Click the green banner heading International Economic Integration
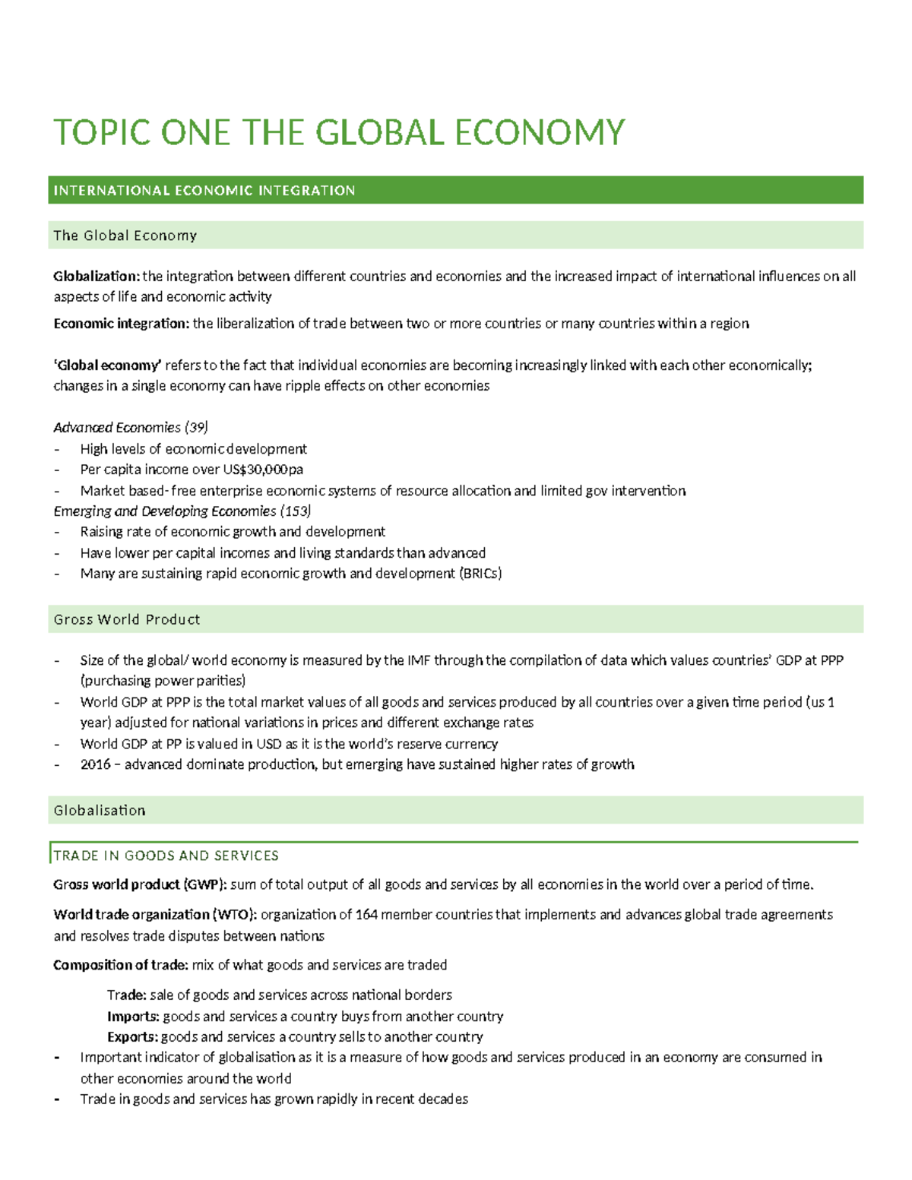point(204,191)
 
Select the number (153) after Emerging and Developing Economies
point(296,511)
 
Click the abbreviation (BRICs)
point(480,574)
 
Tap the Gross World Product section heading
point(127,619)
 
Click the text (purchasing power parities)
point(163,681)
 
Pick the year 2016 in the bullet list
point(95,764)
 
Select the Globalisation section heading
point(100,811)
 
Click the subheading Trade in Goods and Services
point(166,856)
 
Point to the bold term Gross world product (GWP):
point(140,884)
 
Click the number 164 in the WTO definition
point(366,915)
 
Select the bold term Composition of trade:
point(121,965)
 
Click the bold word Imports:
point(133,1017)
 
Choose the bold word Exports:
point(132,1037)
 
